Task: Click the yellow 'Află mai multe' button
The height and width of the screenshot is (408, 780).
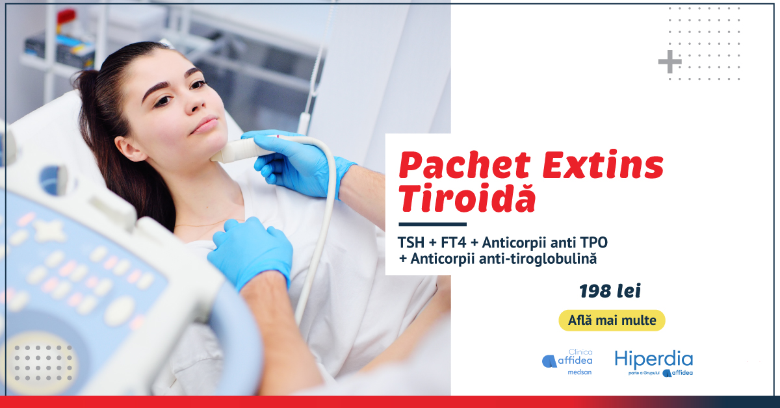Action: (x=612, y=320)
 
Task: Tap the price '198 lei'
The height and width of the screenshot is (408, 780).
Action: (x=610, y=291)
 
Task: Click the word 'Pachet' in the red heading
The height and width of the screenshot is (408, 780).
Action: (x=465, y=166)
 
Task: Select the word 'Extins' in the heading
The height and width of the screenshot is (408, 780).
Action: (x=603, y=164)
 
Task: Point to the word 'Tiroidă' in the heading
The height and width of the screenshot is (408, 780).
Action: (x=467, y=197)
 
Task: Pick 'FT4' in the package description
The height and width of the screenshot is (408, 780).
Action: (x=453, y=242)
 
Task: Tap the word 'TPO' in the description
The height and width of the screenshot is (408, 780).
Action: (x=594, y=242)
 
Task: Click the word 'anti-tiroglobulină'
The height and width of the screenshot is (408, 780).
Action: (x=538, y=259)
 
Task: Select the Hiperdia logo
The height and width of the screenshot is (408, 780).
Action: (x=654, y=363)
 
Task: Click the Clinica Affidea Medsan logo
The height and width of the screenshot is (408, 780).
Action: (x=567, y=362)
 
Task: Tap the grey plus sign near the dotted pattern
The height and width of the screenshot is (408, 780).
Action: (x=669, y=62)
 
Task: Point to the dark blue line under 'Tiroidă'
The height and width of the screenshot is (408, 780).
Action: (x=432, y=224)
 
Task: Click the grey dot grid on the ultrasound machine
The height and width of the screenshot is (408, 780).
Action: (x=43, y=363)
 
